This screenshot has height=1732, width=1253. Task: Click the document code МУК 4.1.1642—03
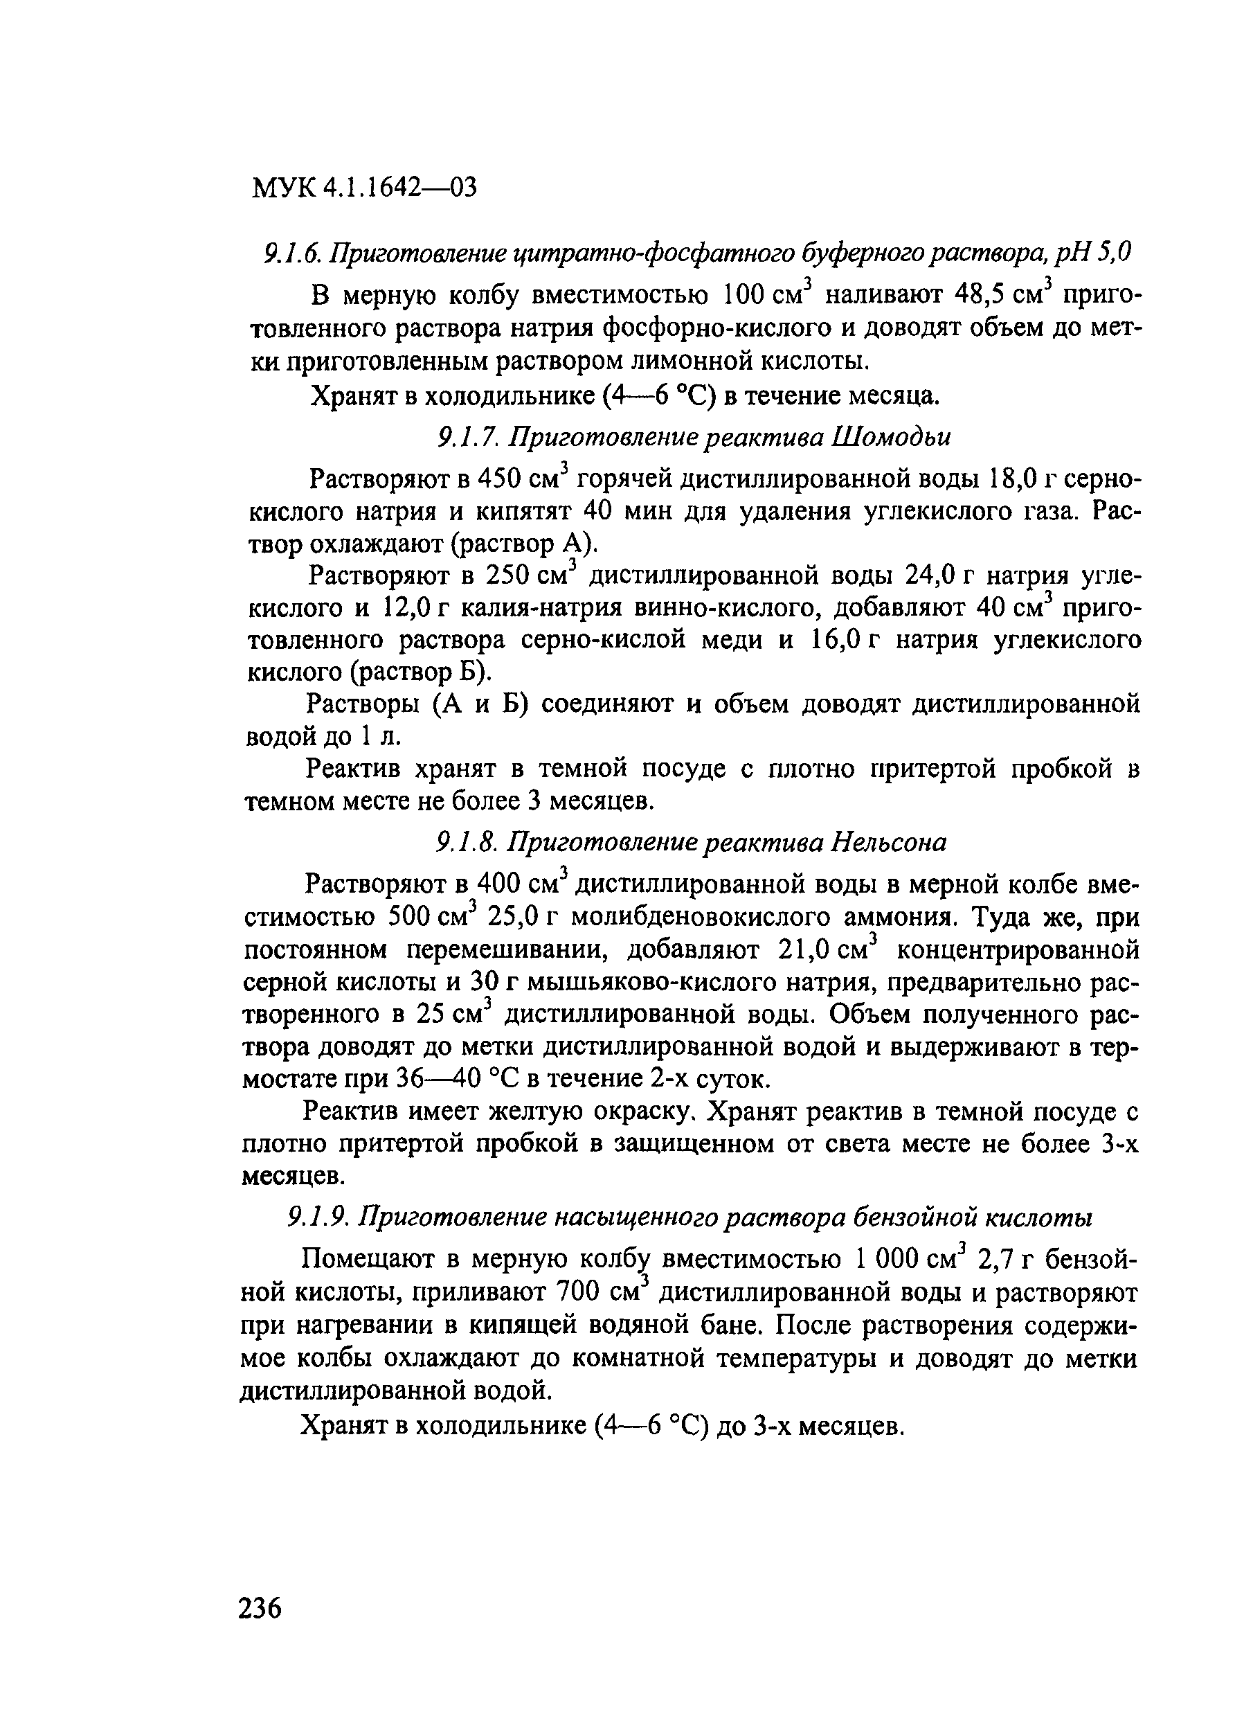[364, 187]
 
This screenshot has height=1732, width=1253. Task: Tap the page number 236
[260, 1608]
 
